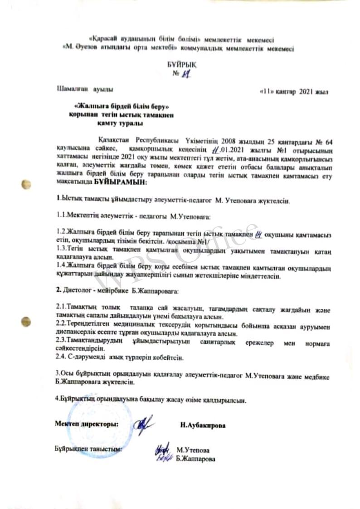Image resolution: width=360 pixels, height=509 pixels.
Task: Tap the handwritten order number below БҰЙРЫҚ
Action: pyautogui.click(x=184, y=75)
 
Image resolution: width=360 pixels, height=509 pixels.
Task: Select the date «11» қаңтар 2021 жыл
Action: pyautogui.click(x=292, y=92)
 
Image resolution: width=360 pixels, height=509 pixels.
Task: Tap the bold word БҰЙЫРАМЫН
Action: pyautogui.click(x=120, y=182)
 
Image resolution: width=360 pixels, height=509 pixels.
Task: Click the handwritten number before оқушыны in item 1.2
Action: pyautogui.click(x=259, y=234)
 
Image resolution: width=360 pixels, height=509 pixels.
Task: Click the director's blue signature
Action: pyautogui.click(x=145, y=424)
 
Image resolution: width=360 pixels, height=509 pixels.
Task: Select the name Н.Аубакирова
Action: pyautogui.click(x=203, y=426)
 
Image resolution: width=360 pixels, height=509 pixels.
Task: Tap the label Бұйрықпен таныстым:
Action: pyautogui.click(x=88, y=449)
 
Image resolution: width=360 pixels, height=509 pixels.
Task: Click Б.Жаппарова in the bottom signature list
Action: pyautogui.click(x=196, y=459)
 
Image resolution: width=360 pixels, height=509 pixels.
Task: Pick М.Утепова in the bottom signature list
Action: pyautogui.click(x=193, y=450)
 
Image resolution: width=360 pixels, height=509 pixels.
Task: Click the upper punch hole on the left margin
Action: pyautogui.click(x=27, y=185)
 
